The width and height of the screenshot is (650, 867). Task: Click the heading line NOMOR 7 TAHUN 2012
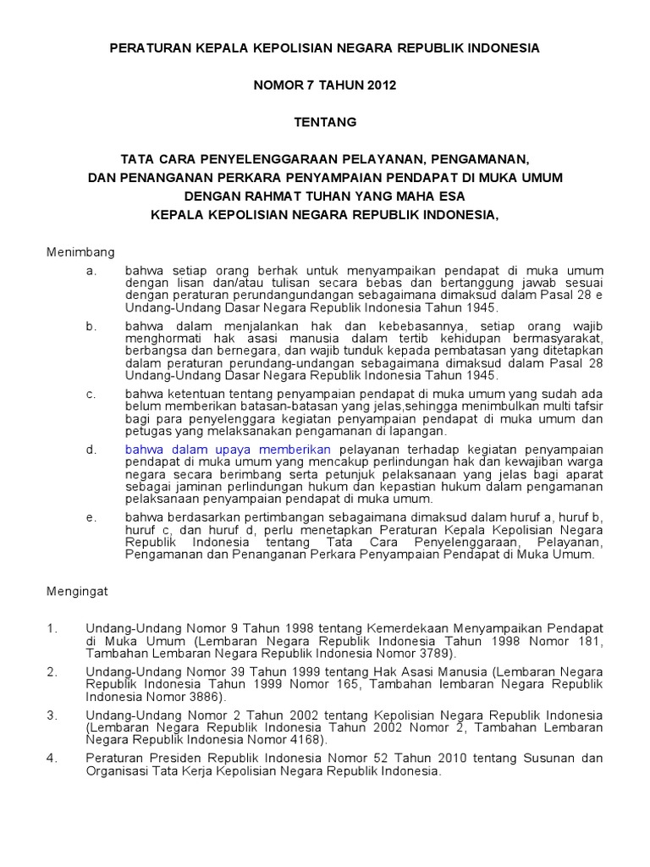pyautogui.click(x=325, y=86)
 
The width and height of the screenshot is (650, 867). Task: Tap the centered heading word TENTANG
pyautogui.click(x=325, y=122)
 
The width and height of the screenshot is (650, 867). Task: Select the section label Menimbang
pyautogui.click(x=80, y=251)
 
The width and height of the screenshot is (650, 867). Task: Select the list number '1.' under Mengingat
pyautogui.click(x=52, y=628)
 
